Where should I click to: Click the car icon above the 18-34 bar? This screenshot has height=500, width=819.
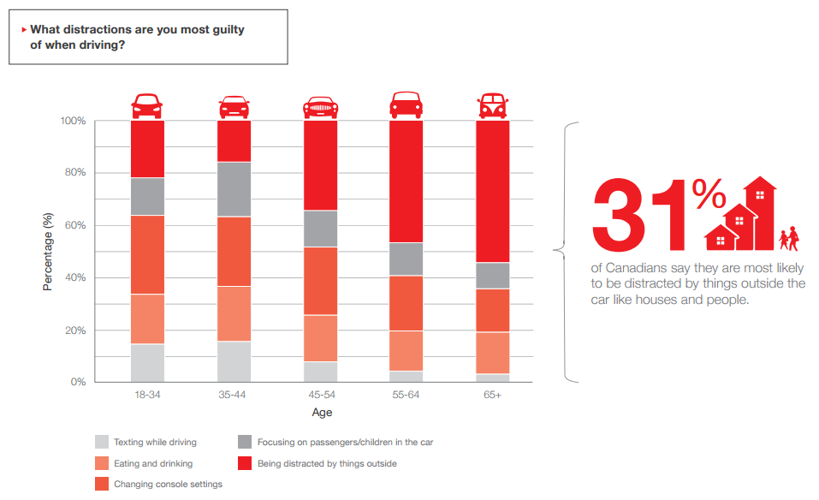(x=146, y=106)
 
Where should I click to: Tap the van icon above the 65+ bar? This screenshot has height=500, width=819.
(x=492, y=106)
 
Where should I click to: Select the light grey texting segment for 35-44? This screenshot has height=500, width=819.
(x=234, y=361)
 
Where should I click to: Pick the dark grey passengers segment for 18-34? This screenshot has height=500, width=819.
(x=146, y=196)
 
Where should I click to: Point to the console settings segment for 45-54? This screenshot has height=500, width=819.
(x=320, y=281)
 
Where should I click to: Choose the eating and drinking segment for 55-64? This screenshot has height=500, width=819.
(x=407, y=350)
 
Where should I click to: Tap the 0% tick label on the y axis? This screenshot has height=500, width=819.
(x=77, y=383)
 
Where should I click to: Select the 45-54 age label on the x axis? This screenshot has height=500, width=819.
(x=320, y=396)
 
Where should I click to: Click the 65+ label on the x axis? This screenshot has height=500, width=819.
(x=492, y=396)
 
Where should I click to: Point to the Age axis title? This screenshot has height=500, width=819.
(x=321, y=413)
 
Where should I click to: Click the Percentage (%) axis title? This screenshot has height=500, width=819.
(x=48, y=252)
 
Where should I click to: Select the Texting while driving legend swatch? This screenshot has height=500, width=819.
(x=102, y=443)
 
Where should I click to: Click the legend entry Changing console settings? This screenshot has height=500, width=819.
(x=168, y=485)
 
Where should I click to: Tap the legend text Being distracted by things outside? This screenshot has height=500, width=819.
(x=327, y=464)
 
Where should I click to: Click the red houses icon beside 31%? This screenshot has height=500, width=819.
(x=739, y=214)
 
